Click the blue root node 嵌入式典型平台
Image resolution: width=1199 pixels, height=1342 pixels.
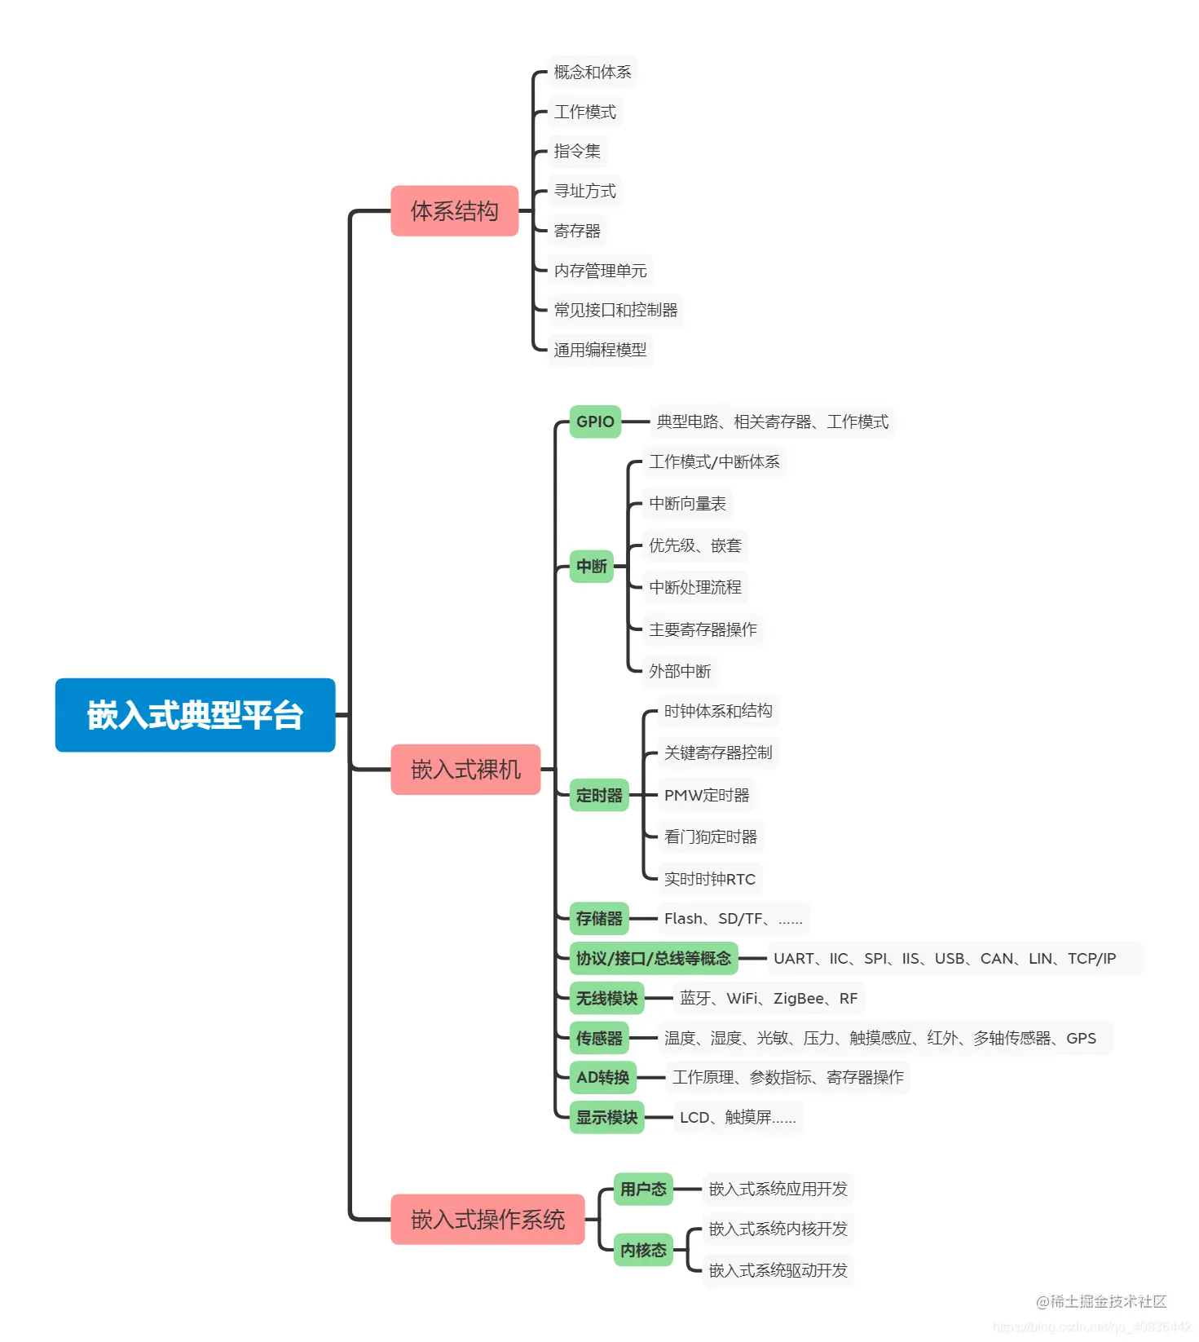click(195, 715)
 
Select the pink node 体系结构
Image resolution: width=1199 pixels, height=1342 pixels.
click(454, 211)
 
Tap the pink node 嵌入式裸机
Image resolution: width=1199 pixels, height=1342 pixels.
click(465, 770)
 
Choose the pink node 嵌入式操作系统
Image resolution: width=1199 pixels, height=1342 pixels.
click(487, 1220)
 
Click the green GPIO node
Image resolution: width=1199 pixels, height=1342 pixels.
click(595, 422)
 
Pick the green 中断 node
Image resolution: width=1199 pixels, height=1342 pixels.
click(592, 567)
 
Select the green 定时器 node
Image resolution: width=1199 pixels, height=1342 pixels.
click(599, 796)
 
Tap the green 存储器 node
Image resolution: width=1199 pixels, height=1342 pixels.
click(599, 919)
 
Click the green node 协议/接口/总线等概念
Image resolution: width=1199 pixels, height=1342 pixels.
click(653, 959)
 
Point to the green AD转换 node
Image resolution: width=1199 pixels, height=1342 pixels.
click(602, 1078)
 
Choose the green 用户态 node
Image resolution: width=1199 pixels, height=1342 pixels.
click(643, 1190)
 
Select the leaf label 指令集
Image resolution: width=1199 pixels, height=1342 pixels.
click(577, 151)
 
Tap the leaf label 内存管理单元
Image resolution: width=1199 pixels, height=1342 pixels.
click(600, 271)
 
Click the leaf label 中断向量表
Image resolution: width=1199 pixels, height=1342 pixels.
click(687, 504)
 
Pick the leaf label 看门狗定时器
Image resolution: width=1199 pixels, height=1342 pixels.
click(710, 837)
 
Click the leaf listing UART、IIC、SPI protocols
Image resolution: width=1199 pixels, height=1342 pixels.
click(944, 959)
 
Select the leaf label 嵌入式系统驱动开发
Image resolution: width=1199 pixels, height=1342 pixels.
click(778, 1270)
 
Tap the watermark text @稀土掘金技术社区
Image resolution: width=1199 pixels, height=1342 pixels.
click(1100, 1302)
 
